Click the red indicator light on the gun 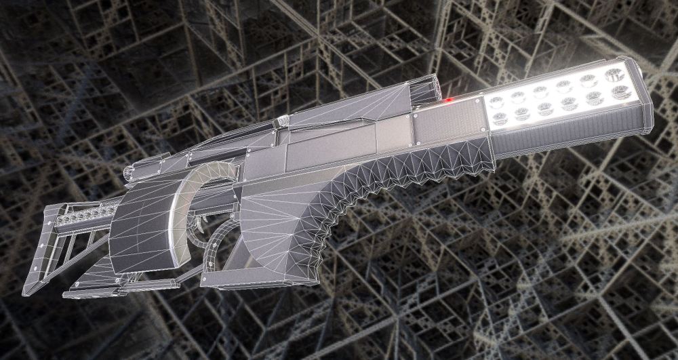pos(448,101)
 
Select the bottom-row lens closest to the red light pos(500,118)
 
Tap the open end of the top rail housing pos(424,92)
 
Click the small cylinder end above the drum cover pos(128,175)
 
